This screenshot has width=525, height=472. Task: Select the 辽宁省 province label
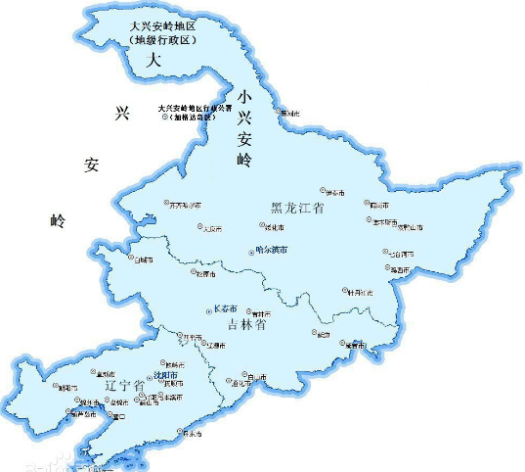tap(125, 388)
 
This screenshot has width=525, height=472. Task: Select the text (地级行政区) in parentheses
tap(163, 40)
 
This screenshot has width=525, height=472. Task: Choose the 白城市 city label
tap(145, 260)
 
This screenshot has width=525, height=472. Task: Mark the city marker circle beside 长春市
tap(207, 310)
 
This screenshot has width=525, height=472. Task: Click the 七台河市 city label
tap(401, 254)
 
